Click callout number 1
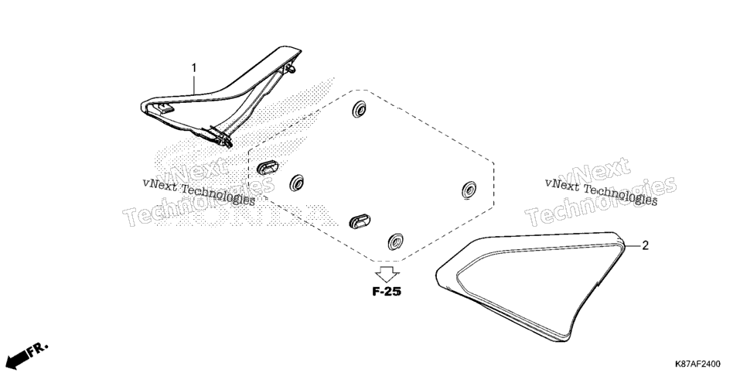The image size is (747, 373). coord(194,69)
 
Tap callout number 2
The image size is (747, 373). coord(646,245)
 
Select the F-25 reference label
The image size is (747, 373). coord(387,292)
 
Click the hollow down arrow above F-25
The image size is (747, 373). coord(387,275)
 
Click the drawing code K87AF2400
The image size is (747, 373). coord(697,364)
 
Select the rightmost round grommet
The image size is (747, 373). coord(469,190)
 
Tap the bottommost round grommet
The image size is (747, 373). coord(395,241)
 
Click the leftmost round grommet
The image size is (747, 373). coord(297,183)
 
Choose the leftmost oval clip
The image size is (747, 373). coord(268,167)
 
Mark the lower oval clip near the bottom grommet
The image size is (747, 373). coord(360,221)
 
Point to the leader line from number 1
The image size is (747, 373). coord(194,84)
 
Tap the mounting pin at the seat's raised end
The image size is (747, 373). coord(291,70)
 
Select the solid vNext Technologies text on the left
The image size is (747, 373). coord(200,192)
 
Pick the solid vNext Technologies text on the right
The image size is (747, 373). coord(601,192)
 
